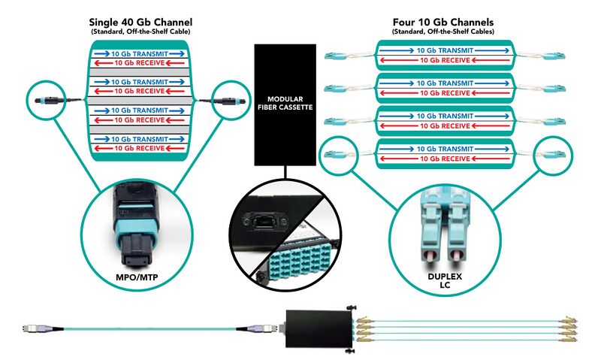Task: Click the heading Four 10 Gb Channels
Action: pos(443,21)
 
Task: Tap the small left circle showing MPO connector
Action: pos(47,100)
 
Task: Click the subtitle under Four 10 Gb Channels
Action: pos(443,32)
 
